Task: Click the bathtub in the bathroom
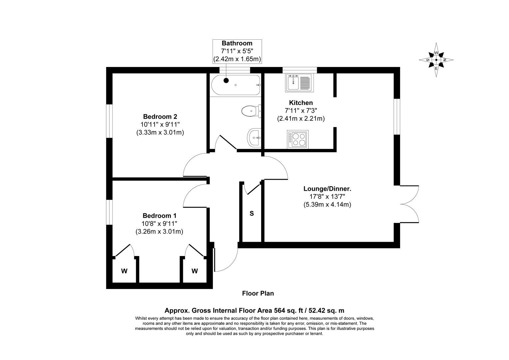click(x=236, y=85)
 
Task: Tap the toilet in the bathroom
click(x=251, y=111)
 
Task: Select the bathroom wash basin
click(x=254, y=137)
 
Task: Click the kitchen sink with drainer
click(x=299, y=83)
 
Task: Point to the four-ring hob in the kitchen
click(x=298, y=139)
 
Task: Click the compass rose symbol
click(x=436, y=60)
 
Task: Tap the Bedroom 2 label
click(x=160, y=116)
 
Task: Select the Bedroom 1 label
click(x=160, y=215)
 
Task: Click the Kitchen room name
click(x=301, y=103)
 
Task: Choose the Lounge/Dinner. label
click(x=327, y=189)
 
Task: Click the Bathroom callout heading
click(x=237, y=43)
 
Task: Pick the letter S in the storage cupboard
click(x=252, y=213)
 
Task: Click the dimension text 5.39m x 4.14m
click(x=327, y=204)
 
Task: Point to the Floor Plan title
click(x=258, y=293)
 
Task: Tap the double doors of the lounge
click(x=409, y=204)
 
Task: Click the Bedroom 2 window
click(x=110, y=121)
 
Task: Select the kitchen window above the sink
click(x=299, y=70)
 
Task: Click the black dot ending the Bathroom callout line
click(x=226, y=80)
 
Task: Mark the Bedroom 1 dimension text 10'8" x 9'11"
click(x=159, y=223)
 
